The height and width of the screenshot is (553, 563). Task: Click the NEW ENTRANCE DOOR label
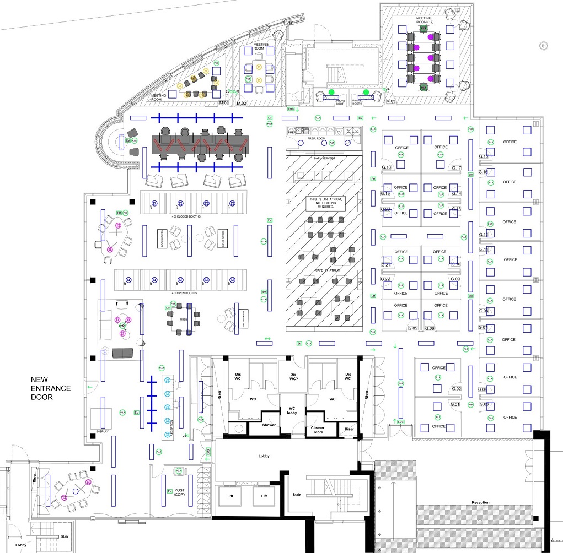(51, 388)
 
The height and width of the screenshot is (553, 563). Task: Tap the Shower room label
(269, 425)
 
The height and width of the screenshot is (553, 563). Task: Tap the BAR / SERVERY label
(325, 158)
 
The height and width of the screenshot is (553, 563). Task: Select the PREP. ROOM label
(318, 139)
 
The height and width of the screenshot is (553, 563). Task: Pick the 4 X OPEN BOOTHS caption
(184, 293)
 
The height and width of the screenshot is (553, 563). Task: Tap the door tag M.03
(391, 102)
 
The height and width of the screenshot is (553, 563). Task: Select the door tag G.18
(387, 167)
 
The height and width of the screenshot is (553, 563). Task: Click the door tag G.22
(385, 279)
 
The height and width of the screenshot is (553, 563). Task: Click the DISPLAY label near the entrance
(103, 431)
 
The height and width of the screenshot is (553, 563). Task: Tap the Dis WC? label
(292, 378)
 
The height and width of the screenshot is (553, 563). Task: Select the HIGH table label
(184, 319)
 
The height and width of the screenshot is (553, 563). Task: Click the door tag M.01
(224, 103)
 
